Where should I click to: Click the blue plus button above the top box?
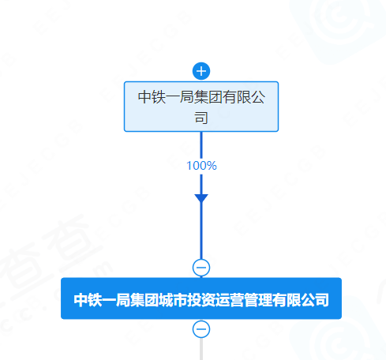tap(201, 71)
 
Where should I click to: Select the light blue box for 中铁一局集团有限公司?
tap(201, 107)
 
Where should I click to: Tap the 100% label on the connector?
tap(201, 166)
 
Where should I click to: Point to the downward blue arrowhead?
tap(201, 199)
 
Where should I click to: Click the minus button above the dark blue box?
tap(201, 268)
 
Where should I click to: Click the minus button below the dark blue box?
tap(201, 329)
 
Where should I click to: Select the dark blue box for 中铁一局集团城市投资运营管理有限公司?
tap(201, 298)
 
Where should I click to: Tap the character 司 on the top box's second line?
tap(201, 118)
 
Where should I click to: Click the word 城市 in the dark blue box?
tap(173, 300)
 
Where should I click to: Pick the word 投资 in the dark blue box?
tap(201, 300)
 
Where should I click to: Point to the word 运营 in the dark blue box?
tap(230, 300)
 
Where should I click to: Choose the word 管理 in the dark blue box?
tap(258, 300)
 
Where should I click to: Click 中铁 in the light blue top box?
tap(152, 97)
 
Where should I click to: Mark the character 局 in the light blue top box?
tap(187, 97)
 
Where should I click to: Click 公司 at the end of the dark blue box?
tap(315, 300)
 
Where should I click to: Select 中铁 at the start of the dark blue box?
tap(88, 300)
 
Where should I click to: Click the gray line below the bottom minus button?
tap(201, 349)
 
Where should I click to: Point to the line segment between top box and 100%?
tap(201, 145)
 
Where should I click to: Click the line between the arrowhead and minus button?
tap(201, 231)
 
